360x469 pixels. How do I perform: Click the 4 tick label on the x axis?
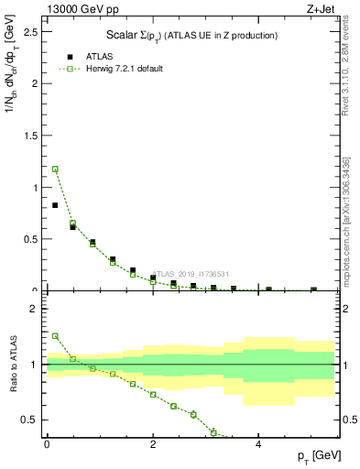click(258, 444)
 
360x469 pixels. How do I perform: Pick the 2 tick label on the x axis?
click(153, 444)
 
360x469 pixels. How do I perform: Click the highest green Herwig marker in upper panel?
click(55, 169)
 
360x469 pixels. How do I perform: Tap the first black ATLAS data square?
click(55, 205)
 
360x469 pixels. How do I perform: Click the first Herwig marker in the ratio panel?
click(55, 336)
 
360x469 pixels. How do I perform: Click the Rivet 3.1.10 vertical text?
click(346, 73)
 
